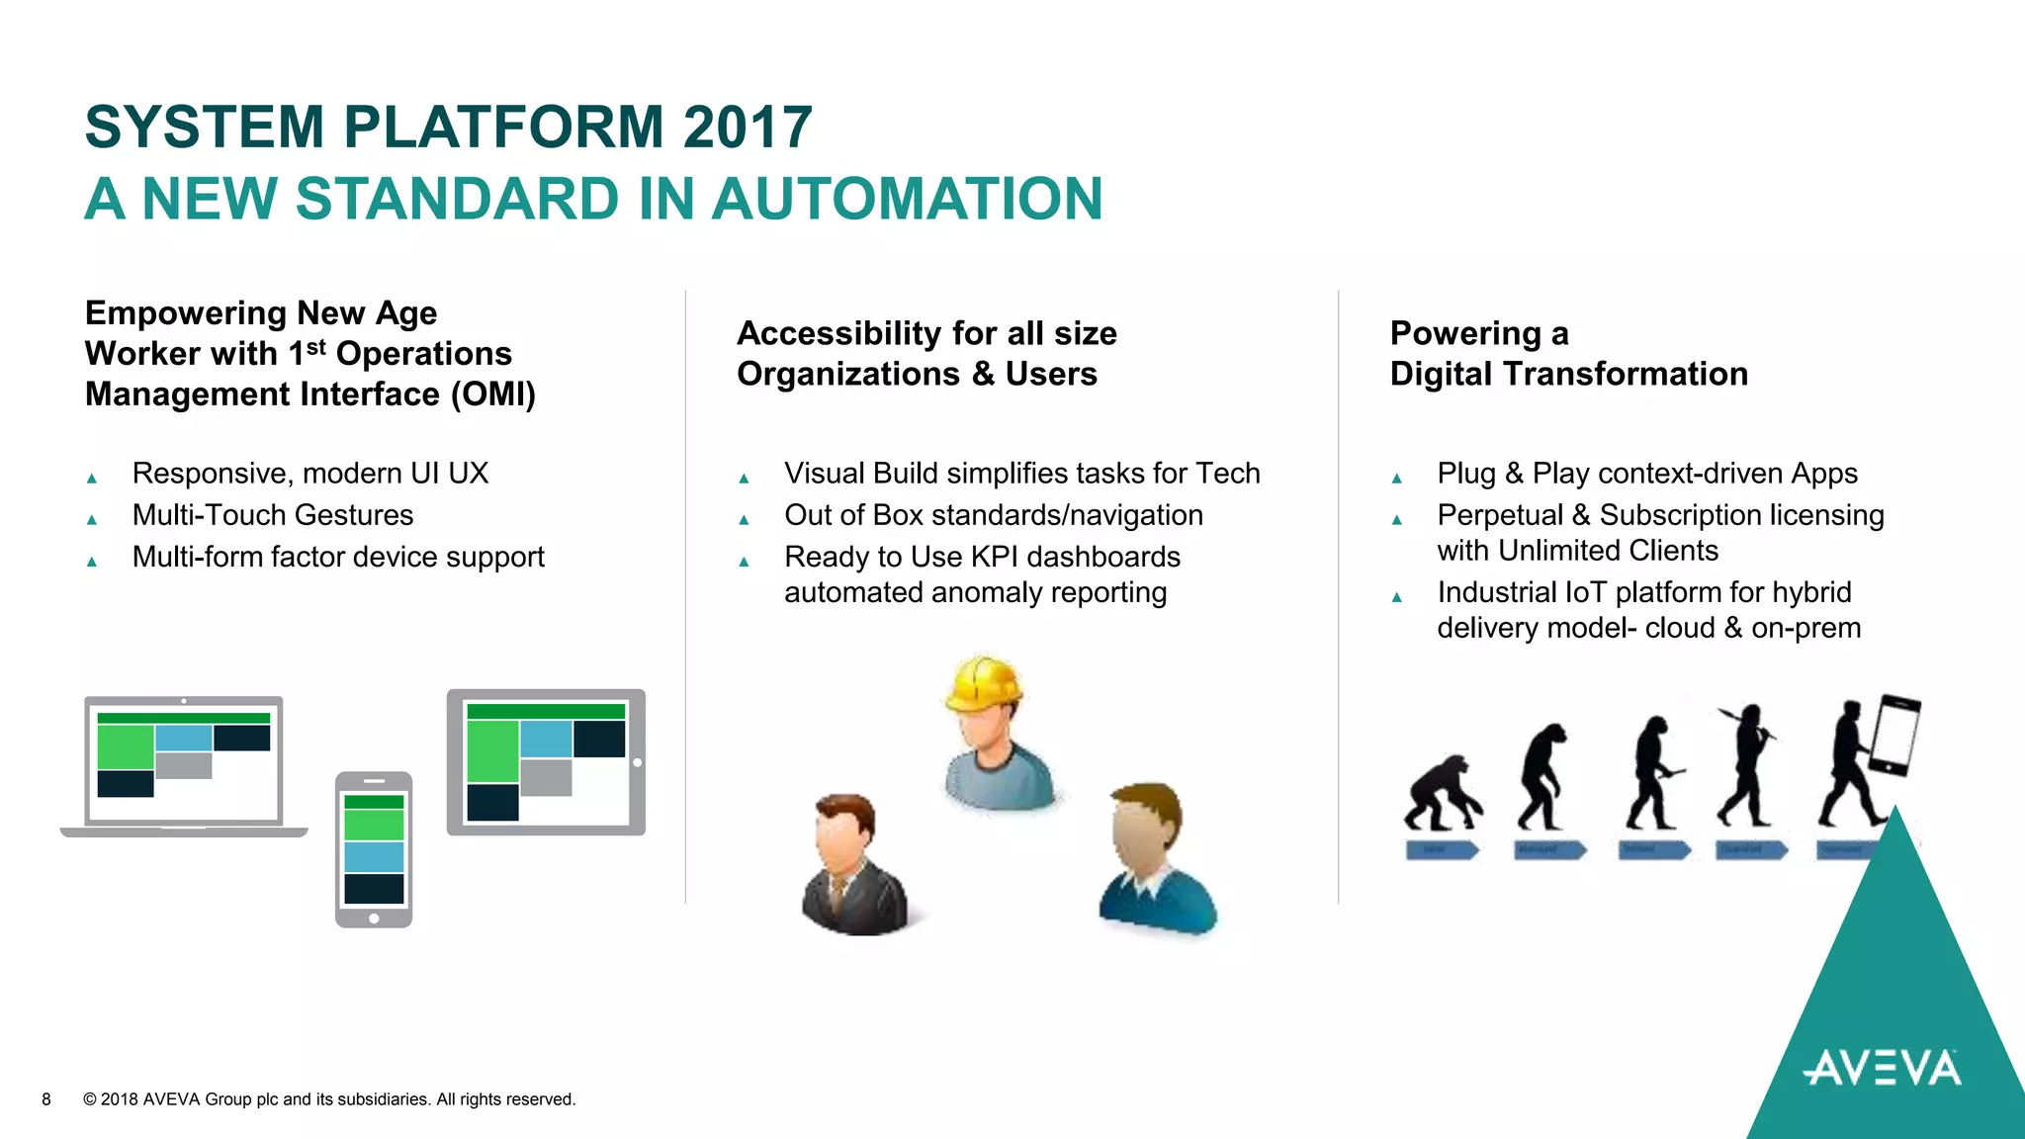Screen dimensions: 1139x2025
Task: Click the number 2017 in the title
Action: coord(747,128)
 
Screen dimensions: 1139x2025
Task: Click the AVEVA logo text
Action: coord(1882,1069)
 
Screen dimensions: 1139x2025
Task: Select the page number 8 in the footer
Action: coord(46,1099)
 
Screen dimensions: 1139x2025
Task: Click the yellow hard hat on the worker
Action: coord(982,683)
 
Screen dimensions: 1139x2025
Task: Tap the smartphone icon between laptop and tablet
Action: coord(374,849)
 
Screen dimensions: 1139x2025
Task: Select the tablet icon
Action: coord(546,762)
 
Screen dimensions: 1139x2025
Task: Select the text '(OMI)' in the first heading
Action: coord(493,394)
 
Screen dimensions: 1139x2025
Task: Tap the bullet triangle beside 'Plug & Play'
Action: coord(1396,479)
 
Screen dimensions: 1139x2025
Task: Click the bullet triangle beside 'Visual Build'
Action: coord(744,479)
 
